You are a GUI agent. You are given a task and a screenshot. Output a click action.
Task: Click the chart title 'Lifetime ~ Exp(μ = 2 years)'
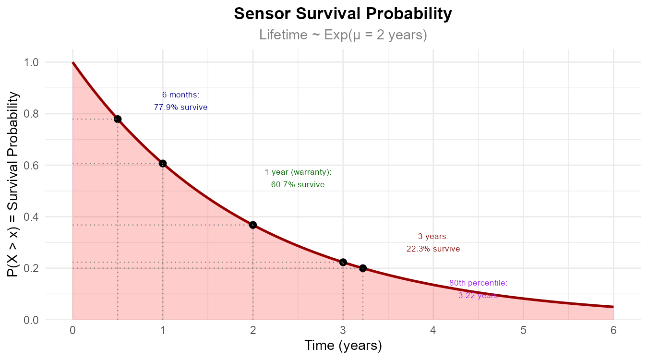(x=343, y=35)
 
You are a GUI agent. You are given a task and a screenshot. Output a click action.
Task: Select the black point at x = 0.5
(x=117, y=119)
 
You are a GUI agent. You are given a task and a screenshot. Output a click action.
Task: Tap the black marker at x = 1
(x=163, y=164)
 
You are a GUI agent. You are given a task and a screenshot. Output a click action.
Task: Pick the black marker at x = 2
(x=253, y=225)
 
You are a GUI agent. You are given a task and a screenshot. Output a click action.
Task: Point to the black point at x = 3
(x=343, y=262)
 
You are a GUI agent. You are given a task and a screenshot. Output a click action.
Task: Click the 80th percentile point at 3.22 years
(x=363, y=268)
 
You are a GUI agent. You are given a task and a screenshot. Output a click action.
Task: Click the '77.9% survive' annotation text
(x=181, y=108)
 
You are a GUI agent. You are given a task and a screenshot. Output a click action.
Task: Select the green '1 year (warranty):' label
(x=298, y=172)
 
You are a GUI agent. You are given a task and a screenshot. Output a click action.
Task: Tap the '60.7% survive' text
(x=298, y=184)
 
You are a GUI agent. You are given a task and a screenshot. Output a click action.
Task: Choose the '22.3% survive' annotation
(x=433, y=249)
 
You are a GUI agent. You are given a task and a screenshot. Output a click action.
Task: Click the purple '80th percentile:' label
(x=478, y=283)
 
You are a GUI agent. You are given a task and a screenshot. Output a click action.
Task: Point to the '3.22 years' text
(x=478, y=296)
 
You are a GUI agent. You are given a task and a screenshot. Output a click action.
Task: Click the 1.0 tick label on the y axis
(x=32, y=62)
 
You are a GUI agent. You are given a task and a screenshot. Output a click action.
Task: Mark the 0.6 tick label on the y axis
(x=32, y=165)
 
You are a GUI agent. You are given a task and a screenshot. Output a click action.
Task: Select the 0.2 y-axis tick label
(x=32, y=268)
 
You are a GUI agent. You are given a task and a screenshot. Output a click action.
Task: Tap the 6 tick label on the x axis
(x=613, y=330)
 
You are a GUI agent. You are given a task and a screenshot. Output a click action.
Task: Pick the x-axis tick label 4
(x=433, y=330)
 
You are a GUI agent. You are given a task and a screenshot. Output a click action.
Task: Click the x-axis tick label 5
(x=523, y=330)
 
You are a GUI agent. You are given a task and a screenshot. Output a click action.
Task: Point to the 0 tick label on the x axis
(x=72, y=330)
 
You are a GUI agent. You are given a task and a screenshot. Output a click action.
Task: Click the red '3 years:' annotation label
(x=433, y=237)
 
